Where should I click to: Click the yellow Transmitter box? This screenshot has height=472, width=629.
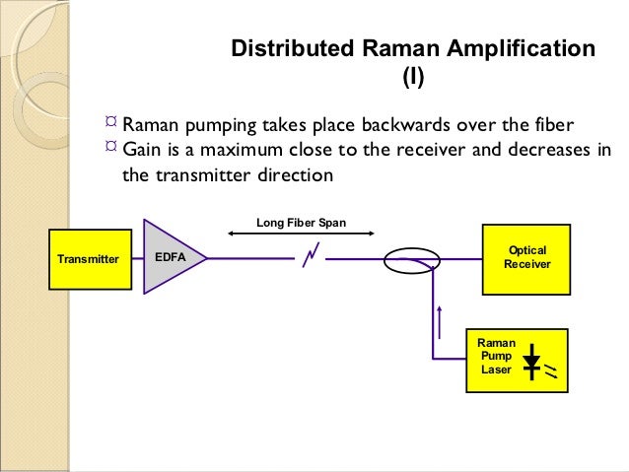click(x=88, y=259)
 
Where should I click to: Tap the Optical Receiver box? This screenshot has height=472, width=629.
click(x=524, y=258)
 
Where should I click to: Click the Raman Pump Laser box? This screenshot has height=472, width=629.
click(x=518, y=361)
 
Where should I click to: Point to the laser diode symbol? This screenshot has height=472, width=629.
click(x=532, y=362)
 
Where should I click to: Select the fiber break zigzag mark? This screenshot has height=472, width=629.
click(x=311, y=259)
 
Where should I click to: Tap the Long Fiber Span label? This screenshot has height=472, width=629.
click(x=301, y=223)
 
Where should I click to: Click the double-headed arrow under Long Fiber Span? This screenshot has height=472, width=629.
click(x=301, y=235)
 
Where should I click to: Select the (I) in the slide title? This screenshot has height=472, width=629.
click(x=412, y=75)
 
